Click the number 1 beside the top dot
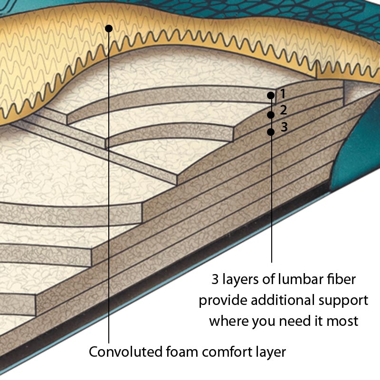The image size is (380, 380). click(x=282, y=93)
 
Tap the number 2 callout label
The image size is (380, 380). click(x=284, y=110)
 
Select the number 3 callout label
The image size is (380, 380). click(x=284, y=127)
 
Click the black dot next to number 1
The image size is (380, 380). click(x=271, y=95)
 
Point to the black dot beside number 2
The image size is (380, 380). click(x=271, y=115)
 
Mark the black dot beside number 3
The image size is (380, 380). click(x=271, y=132)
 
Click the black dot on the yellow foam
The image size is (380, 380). click(x=109, y=28)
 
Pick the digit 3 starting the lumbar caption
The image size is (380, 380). click(x=215, y=279)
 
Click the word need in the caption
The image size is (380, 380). click(x=288, y=321)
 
